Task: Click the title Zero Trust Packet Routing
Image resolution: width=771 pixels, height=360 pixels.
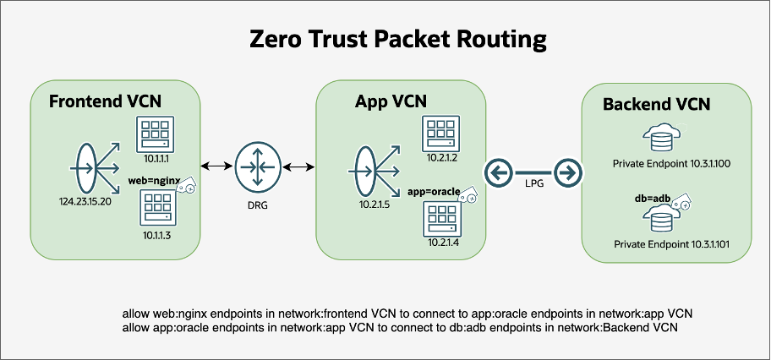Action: [x=385, y=39]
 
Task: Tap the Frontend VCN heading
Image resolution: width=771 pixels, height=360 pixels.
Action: [x=105, y=102]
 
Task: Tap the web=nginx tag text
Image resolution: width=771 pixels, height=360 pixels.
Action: [x=150, y=181]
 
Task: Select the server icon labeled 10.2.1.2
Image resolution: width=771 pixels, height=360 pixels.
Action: [x=441, y=134]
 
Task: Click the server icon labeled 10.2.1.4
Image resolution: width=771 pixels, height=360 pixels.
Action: [x=441, y=222]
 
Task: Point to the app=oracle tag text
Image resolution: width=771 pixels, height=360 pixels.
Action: [x=433, y=192]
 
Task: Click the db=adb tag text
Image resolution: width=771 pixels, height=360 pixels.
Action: [x=648, y=199]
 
